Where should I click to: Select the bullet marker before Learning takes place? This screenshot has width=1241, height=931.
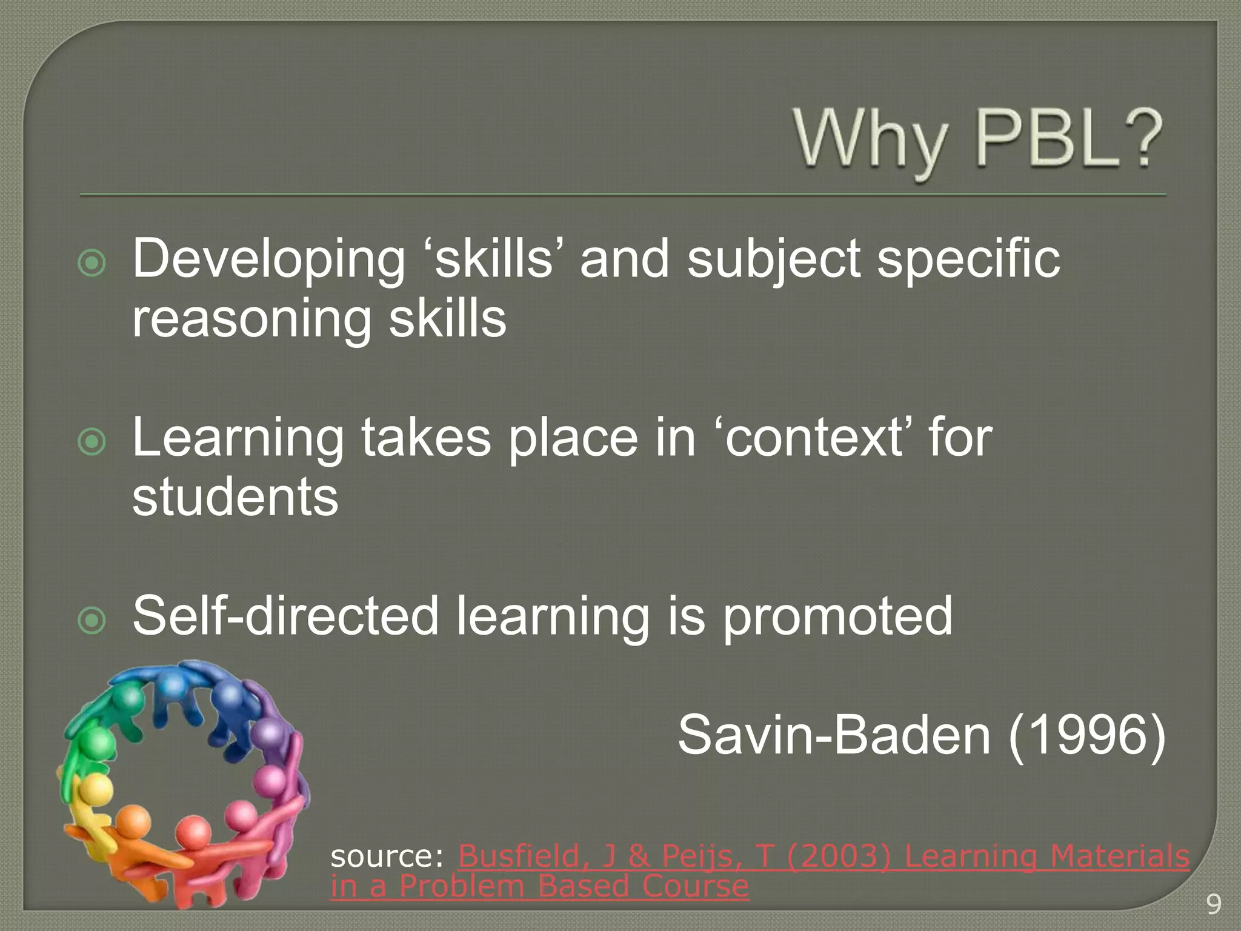tap(92, 442)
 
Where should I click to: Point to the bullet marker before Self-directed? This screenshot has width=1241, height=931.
tap(92, 621)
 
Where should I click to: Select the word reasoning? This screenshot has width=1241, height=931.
tap(251, 319)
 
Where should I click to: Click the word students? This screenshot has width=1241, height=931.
tap(235, 497)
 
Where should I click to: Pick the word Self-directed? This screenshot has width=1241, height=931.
tap(285, 615)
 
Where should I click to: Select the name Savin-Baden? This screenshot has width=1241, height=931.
tap(834, 735)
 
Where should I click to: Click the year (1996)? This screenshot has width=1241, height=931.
tap(1086, 735)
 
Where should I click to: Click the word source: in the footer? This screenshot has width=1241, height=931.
tap(388, 856)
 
